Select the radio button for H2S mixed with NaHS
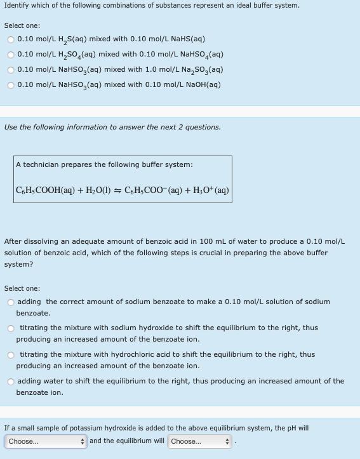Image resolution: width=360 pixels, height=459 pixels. click(11, 39)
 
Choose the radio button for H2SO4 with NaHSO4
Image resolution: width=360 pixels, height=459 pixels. click(11, 55)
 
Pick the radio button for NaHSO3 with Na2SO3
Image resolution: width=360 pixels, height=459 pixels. click(11, 69)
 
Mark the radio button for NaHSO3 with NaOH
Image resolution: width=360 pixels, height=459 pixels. click(11, 84)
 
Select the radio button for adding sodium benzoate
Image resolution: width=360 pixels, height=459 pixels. click(11, 302)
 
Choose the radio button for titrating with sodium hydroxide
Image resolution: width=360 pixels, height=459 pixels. click(11, 328)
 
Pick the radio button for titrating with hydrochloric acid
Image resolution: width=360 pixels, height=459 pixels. click(11, 355)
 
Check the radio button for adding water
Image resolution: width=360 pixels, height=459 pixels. click(11, 382)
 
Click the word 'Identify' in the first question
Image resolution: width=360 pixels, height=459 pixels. click(17, 6)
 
